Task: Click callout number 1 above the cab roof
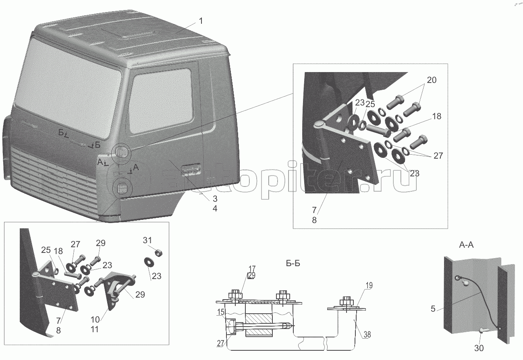click(x=201, y=21)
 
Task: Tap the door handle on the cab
click(x=191, y=169)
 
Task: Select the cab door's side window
click(x=161, y=100)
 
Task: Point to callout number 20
click(x=432, y=80)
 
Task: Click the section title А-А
click(x=466, y=245)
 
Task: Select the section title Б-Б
click(x=293, y=263)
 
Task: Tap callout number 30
click(x=479, y=348)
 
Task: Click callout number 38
click(x=367, y=335)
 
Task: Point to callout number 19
click(x=369, y=286)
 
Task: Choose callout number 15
click(x=221, y=312)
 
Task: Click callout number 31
click(x=147, y=240)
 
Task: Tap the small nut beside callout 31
click(x=159, y=252)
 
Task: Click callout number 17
click(x=252, y=269)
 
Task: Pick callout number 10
click(x=95, y=319)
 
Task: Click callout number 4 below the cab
click(x=215, y=209)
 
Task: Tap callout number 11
click(x=95, y=329)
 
